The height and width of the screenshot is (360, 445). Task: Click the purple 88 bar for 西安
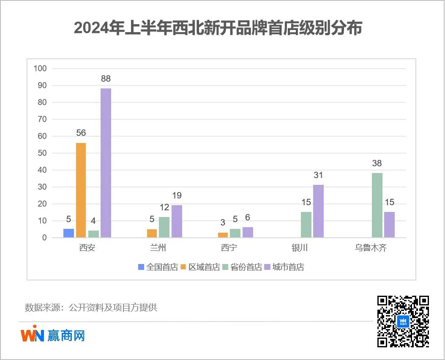pos(106,163)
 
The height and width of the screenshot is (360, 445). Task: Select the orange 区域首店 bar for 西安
pos(81,190)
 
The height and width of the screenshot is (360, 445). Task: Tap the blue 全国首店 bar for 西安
pos(68,233)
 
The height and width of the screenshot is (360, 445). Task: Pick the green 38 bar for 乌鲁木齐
pos(377,205)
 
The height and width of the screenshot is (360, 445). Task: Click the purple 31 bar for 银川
pos(318,211)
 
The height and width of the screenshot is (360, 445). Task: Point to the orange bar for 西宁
pos(223,235)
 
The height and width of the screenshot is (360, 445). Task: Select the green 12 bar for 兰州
pos(164,227)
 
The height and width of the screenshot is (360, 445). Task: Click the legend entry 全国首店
pos(158,267)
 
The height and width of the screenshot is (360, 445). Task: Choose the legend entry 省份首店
pos(242,267)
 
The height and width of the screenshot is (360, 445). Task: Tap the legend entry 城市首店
pos(284,267)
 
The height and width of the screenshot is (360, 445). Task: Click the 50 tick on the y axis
pos(42,153)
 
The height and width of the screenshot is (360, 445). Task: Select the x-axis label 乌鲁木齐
pos(371,248)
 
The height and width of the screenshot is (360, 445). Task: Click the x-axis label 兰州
pos(158,248)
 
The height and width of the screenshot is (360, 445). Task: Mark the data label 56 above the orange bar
pos(81,133)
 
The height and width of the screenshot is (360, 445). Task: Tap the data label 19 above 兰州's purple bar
pos(177,195)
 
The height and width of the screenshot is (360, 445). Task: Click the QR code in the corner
pos(403,321)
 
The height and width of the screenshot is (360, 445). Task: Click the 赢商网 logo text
pos(66,335)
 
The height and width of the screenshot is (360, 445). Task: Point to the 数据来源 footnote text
pos(91,308)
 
